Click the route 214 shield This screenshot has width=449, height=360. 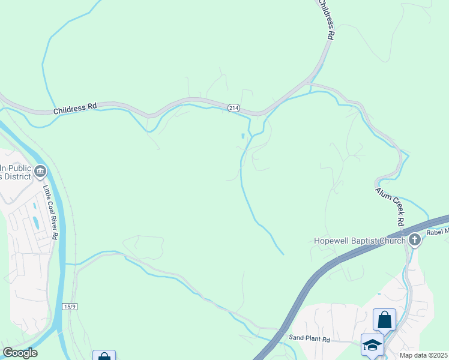pyautogui.click(x=234, y=107)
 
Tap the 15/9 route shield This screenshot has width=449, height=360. pyautogui.click(x=69, y=306)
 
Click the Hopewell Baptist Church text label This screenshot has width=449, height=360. pyautogui.click(x=360, y=241)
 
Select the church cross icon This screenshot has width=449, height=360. pyautogui.click(x=415, y=240)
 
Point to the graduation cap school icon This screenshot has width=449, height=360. pyautogui.click(x=372, y=345)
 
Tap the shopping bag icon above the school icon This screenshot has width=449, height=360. pyautogui.click(x=384, y=319)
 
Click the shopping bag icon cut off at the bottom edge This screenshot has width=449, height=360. pyautogui.click(x=104, y=356)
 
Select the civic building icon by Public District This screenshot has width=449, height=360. pyautogui.click(x=40, y=172)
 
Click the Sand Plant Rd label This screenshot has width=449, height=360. pyautogui.click(x=310, y=339)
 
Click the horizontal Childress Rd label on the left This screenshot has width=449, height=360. pyautogui.click(x=75, y=108)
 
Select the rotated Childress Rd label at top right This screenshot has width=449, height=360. pyautogui.click(x=325, y=20)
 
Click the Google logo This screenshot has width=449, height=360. pyautogui.click(x=20, y=353)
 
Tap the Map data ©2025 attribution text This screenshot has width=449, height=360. pyautogui.click(x=423, y=355)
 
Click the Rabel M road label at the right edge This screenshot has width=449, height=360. pyautogui.click(x=437, y=233)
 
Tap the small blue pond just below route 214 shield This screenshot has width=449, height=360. pyautogui.click(x=243, y=136)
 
